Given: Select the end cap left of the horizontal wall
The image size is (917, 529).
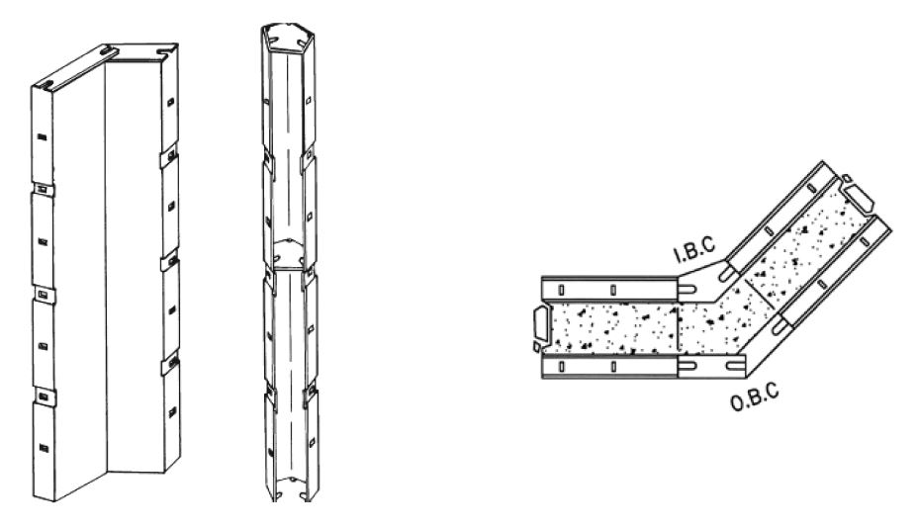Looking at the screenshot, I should click(540, 326).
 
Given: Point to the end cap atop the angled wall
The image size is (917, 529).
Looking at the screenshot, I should click(858, 197).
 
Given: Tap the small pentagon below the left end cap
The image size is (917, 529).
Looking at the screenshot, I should click(539, 348).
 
